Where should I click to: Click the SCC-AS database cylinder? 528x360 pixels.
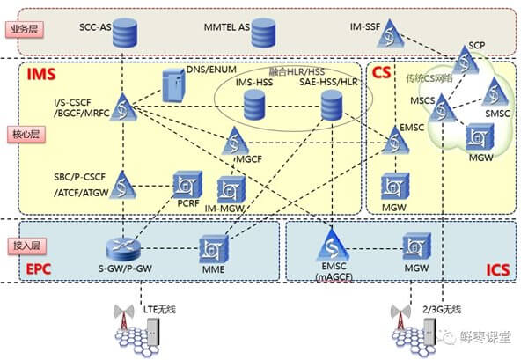(125, 33)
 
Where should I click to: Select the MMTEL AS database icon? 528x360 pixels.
(263, 33)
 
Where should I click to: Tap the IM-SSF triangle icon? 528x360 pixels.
(390, 33)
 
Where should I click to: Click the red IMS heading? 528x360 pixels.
(41, 74)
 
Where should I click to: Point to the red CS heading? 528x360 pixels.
(382, 72)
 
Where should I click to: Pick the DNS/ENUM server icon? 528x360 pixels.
(173, 86)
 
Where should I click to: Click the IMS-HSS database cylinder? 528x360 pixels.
(254, 105)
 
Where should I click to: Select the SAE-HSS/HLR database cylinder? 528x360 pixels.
(332, 106)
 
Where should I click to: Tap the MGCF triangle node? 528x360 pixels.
(235, 141)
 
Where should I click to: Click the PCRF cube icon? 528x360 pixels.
(187, 185)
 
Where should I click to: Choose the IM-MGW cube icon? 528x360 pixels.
(231, 189)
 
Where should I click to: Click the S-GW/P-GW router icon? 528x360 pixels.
(123, 249)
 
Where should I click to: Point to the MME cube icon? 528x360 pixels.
(214, 250)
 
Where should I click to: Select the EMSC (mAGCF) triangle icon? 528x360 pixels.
(333, 245)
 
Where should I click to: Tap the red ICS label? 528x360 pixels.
(498, 270)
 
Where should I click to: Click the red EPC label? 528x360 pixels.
(39, 269)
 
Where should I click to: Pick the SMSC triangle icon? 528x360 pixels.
(495, 92)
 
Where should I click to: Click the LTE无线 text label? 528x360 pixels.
(159, 309)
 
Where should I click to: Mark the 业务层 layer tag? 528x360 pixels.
(25, 29)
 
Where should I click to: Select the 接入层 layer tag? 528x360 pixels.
(26, 246)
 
